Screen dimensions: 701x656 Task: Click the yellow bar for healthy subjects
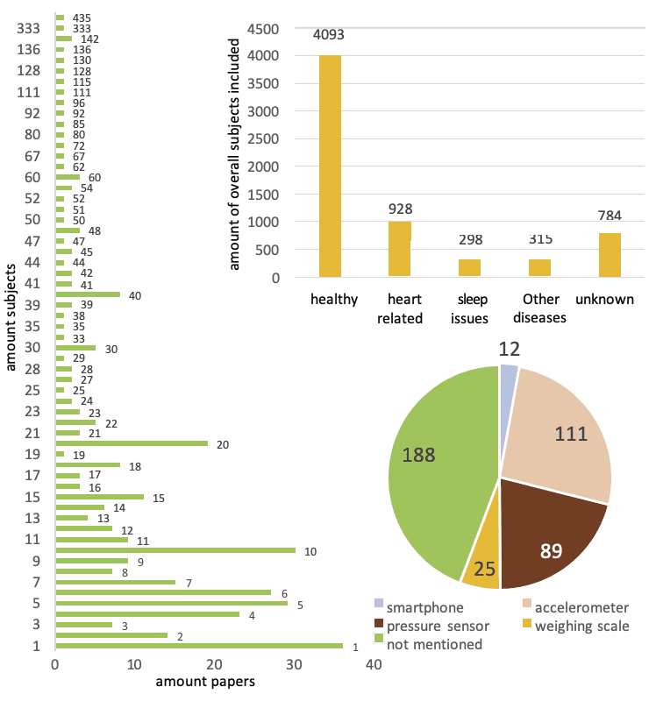point(331,166)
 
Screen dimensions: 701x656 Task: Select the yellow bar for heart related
point(399,250)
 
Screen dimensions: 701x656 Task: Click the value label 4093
point(331,36)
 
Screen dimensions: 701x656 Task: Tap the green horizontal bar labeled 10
point(175,550)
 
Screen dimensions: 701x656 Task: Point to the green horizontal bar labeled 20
point(131,443)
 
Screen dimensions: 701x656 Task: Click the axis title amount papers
point(205,682)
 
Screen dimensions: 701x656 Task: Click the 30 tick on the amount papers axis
point(294,665)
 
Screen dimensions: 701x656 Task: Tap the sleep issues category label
point(469,308)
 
